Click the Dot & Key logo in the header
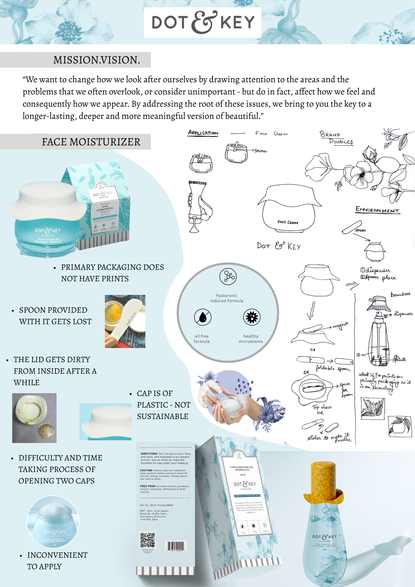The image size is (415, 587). [202, 22]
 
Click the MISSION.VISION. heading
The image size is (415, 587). [96, 60]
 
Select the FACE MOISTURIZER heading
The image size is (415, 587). [91, 142]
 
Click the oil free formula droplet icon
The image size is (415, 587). [202, 317]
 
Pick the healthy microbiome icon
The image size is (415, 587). [252, 317]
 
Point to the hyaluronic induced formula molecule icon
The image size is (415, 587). [228, 277]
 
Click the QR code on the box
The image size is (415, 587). [147, 540]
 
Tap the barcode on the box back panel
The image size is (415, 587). [176, 546]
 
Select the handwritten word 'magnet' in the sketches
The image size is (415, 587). [340, 326]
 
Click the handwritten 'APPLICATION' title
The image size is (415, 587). [203, 133]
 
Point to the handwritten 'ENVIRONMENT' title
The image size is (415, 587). [377, 210]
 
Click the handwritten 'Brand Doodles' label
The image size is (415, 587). [336, 138]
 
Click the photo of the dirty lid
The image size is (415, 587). [34, 418]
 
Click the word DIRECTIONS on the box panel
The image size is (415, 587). [149, 454]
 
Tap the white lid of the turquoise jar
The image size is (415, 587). [47, 199]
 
